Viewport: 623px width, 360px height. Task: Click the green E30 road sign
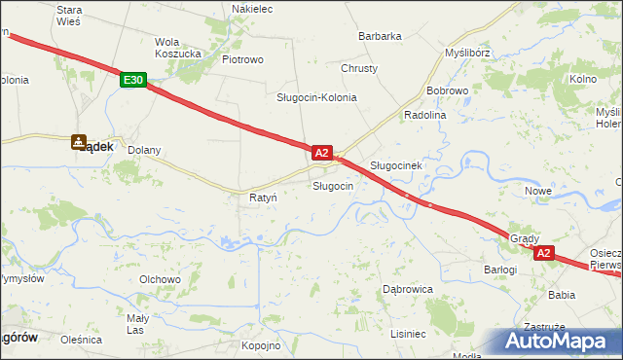(x=134, y=81)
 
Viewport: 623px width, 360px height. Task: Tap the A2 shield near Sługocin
(x=323, y=153)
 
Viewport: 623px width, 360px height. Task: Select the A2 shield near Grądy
(x=543, y=254)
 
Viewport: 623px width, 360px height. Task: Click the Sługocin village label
(x=332, y=185)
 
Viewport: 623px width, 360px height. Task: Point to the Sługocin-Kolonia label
(x=316, y=97)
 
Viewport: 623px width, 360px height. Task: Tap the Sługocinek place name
(x=395, y=165)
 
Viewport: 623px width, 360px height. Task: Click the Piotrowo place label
(x=243, y=59)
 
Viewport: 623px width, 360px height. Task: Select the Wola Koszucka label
(x=178, y=48)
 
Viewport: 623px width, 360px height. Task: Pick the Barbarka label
(x=380, y=36)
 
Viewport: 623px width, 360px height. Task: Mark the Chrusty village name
(x=359, y=68)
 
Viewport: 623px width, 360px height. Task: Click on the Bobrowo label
(x=448, y=90)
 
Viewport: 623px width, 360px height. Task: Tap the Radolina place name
(x=423, y=114)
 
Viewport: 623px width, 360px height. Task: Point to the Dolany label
(x=144, y=151)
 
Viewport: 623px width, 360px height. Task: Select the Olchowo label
(x=161, y=279)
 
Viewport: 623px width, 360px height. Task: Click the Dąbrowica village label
(x=407, y=289)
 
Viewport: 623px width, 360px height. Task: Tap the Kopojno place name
(x=261, y=345)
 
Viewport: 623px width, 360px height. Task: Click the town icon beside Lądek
(x=79, y=143)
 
